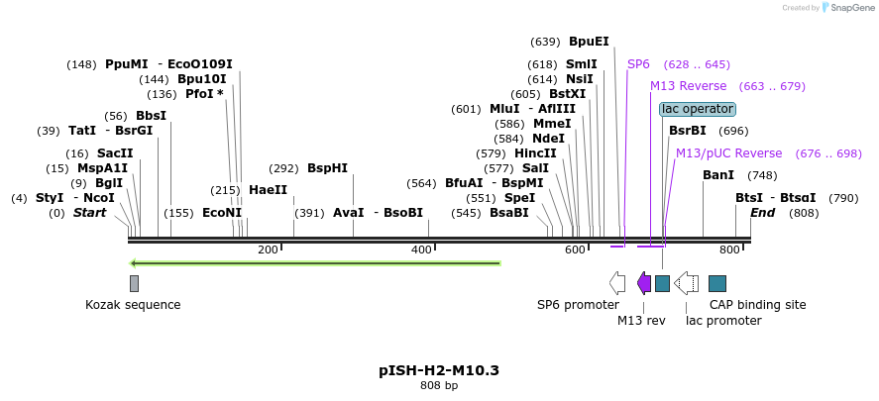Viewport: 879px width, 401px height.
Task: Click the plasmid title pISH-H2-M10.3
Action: tap(438, 370)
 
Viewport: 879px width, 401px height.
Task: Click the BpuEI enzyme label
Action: tap(589, 42)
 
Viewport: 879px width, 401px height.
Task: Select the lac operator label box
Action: tap(698, 109)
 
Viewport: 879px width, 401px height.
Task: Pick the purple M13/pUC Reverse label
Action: tap(728, 153)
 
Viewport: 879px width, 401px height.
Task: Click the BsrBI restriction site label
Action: tap(688, 131)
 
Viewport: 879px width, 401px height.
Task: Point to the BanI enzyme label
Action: tap(718, 175)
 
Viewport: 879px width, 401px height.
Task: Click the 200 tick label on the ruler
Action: tap(268, 251)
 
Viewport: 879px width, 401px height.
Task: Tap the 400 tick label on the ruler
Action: tap(421, 251)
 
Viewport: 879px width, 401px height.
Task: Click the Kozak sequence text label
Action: tap(133, 305)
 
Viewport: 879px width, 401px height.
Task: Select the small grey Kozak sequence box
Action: tap(134, 283)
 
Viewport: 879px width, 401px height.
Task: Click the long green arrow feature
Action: tap(315, 263)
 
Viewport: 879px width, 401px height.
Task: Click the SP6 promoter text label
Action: tap(578, 305)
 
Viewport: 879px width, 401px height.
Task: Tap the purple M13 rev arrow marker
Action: tap(644, 284)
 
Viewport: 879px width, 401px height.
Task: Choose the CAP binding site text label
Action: tap(759, 305)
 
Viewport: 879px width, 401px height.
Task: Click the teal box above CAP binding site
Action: tap(717, 284)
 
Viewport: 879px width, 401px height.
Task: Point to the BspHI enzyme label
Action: tap(327, 168)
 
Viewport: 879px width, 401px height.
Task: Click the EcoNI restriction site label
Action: tap(222, 213)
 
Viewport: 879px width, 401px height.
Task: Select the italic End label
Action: tap(762, 213)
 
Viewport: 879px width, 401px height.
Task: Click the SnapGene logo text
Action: tap(850, 8)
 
